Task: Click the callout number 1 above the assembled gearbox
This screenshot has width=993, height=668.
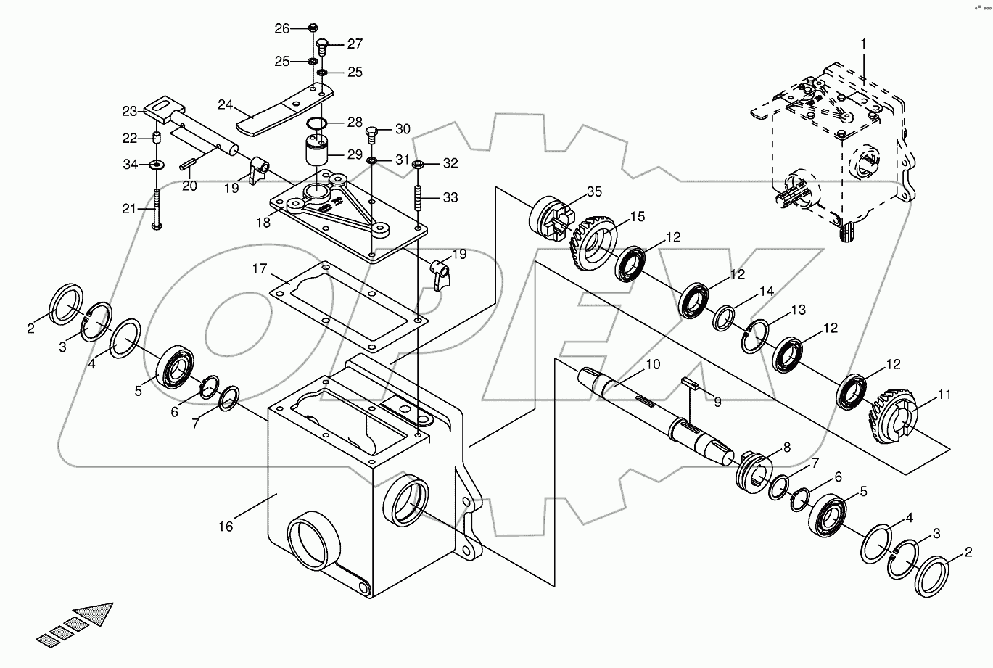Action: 863,44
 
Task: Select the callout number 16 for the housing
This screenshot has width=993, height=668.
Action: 226,527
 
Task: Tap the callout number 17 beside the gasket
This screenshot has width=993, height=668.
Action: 260,270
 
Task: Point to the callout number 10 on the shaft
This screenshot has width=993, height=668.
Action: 653,365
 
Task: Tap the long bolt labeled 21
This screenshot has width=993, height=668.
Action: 157,209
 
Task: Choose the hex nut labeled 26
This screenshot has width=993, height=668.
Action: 311,28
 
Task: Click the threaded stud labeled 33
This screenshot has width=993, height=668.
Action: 418,197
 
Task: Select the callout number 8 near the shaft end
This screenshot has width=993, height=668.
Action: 786,448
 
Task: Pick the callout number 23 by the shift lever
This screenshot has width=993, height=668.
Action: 129,112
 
